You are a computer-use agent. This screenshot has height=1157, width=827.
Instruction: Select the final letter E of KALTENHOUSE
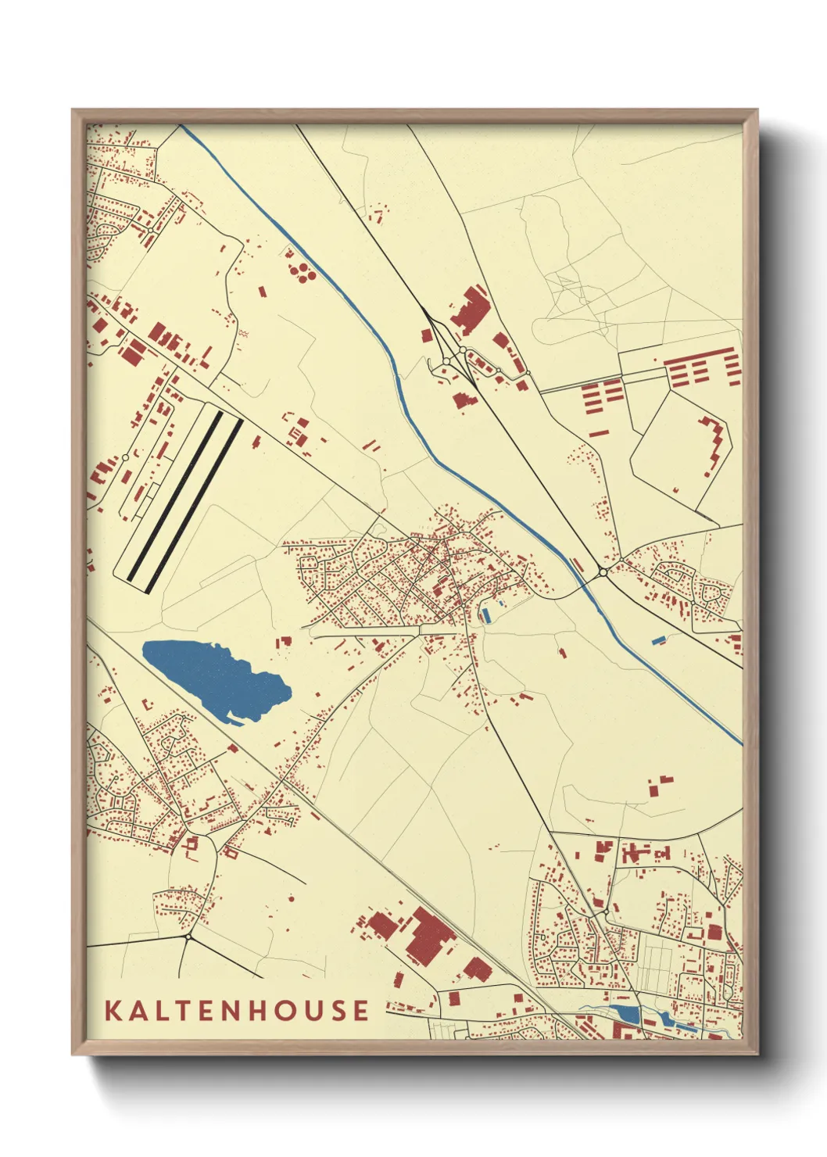(x=360, y=1010)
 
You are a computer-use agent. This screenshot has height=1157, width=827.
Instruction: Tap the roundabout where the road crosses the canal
(x=603, y=573)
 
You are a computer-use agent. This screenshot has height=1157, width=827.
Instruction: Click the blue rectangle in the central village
(x=487, y=615)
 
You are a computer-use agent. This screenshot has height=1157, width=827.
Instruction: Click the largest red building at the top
(x=469, y=310)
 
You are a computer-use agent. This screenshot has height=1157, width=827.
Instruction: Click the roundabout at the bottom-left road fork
(x=188, y=936)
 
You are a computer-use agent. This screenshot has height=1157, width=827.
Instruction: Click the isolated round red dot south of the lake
(x=291, y=899)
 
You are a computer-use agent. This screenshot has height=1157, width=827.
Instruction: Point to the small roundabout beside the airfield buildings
(x=125, y=458)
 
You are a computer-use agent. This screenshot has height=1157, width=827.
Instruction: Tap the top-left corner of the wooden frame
(x=74, y=112)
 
